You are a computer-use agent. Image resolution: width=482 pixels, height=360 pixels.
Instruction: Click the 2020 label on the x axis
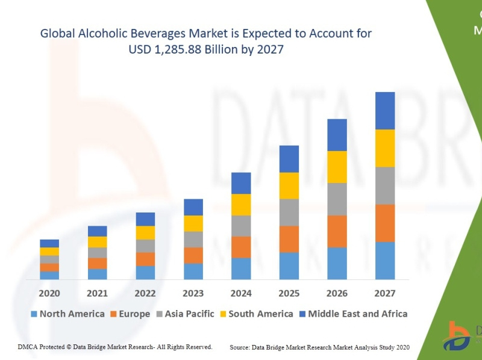tap(49, 293)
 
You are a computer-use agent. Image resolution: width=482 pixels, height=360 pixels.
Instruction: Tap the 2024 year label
tap(241, 293)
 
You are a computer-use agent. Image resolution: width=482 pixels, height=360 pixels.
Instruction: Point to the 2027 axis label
tap(385, 293)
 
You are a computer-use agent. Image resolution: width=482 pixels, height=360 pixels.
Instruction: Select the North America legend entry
tap(67, 314)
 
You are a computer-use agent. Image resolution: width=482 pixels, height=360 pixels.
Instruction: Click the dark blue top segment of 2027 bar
tap(385, 111)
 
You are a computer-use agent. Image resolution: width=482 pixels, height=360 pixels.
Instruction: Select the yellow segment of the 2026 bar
tap(337, 167)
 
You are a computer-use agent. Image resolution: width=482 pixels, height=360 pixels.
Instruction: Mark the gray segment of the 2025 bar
tap(289, 212)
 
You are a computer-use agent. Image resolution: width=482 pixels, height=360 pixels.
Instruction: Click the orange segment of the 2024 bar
tap(241, 247)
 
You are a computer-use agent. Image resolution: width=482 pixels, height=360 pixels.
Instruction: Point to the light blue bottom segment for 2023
tap(193, 271)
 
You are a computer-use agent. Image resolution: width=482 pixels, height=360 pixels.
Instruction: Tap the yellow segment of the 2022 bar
tap(145, 232)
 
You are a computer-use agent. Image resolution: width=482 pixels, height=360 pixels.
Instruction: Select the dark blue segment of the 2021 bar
tap(98, 231)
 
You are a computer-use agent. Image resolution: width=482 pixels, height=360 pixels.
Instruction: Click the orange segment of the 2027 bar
tap(385, 223)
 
